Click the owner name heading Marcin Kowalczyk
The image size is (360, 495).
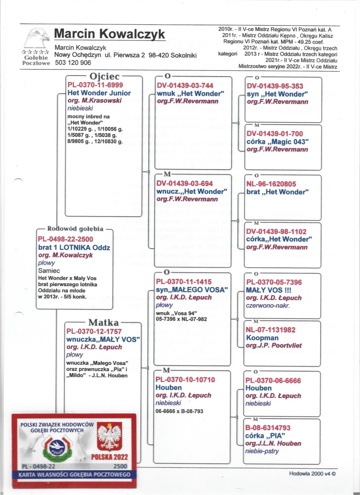(109, 34)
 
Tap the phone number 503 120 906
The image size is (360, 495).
(73, 63)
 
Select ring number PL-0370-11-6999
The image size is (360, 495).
(95, 85)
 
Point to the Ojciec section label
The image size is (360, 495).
(104, 76)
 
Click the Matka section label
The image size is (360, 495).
(103, 323)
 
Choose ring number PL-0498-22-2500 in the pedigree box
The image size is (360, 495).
(65, 239)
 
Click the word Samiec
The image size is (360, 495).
(49, 270)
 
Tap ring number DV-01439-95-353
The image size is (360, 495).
(275, 86)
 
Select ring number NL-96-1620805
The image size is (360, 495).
(271, 184)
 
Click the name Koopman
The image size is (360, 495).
(262, 338)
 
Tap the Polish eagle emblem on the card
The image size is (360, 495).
(109, 437)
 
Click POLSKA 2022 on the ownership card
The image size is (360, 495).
(109, 457)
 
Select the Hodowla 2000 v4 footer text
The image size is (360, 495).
(312, 474)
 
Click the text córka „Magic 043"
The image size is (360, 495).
(277, 142)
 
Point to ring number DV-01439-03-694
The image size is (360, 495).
(184, 183)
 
